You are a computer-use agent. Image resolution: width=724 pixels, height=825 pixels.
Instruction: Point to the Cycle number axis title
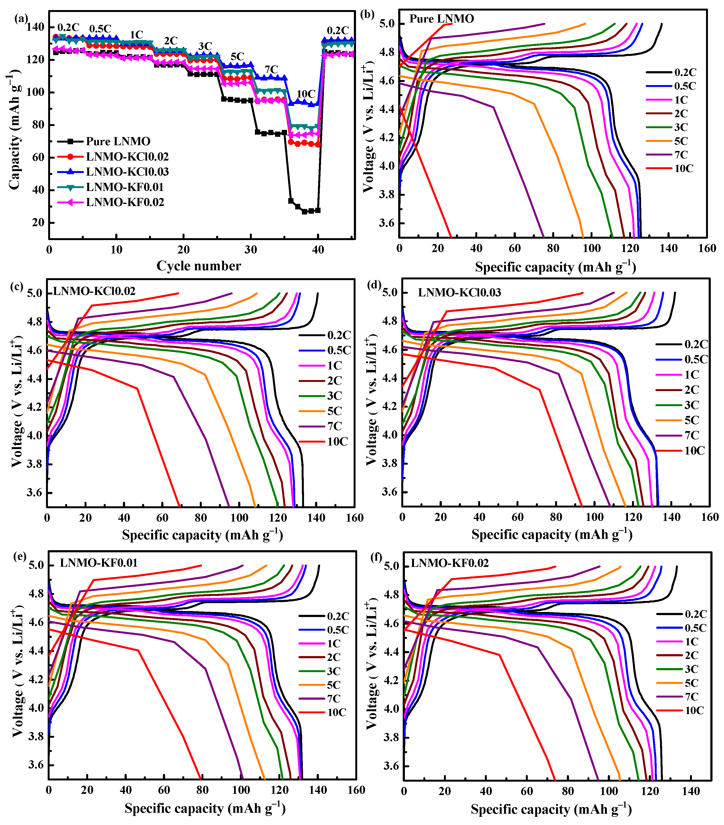pos(199,266)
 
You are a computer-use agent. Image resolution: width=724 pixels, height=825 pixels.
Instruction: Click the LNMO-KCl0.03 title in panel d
pos(459,292)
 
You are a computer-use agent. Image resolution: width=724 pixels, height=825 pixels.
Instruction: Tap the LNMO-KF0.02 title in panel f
pos(450,563)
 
